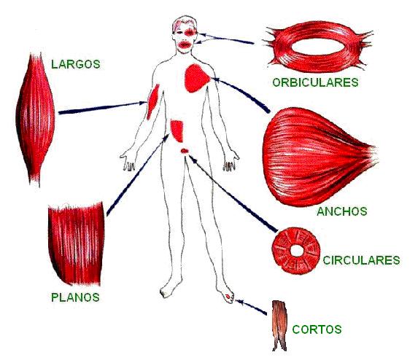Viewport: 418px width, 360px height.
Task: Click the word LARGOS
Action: click(76, 64)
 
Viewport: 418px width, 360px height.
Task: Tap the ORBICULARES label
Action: click(315, 82)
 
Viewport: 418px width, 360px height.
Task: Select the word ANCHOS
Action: click(342, 211)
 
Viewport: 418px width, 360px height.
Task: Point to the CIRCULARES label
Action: click(362, 260)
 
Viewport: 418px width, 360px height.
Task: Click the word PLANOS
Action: click(75, 297)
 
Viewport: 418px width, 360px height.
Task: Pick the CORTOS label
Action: click(317, 329)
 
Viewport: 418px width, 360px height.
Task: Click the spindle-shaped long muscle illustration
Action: click(35, 120)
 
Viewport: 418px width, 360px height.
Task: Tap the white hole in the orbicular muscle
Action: click(318, 47)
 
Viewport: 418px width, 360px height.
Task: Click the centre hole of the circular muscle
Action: click(296, 251)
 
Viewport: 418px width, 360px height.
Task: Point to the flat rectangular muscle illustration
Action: click(77, 243)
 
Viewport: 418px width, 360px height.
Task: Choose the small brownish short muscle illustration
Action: click(279, 326)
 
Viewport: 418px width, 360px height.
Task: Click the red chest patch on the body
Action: click(196, 78)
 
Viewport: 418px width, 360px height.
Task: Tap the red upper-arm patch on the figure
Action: click(152, 102)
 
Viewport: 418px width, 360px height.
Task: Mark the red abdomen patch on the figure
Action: click(177, 130)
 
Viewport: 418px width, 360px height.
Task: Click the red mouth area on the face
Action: click(185, 44)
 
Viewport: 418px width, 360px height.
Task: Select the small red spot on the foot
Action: click(228, 296)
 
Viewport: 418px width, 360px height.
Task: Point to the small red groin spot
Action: click(185, 151)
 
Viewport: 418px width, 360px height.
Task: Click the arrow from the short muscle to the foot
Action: click(251, 307)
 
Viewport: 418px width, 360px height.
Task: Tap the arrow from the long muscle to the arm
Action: click(103, 108)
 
